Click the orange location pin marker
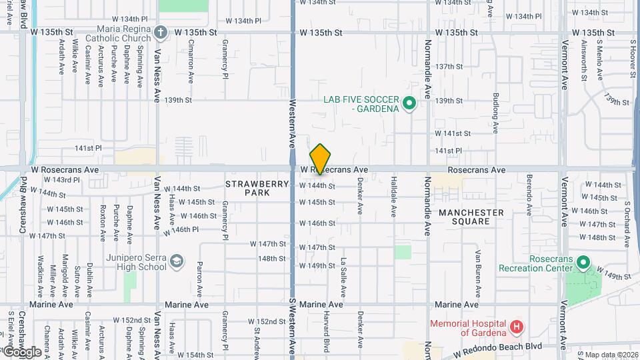pyautogui.click(x=320, y=159)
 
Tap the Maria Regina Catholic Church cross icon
pyautogui.click(x=160, y=31)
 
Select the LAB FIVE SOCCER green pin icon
pyautogui.click(x=409, y=104)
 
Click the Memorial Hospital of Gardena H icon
pyautogui.click(x=516, y=327)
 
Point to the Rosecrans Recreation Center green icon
pyautogui.click(x=583, y=263)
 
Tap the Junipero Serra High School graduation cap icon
pyautogui.click(x=177, y=262)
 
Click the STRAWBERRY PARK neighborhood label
pyautogui.click(x=247, y=188)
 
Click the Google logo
pyautogui.click(x=22, y=351)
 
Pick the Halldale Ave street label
pyautogui.click(x=394, y=202)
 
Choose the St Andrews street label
pyautogui.click(x=257, y=335)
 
